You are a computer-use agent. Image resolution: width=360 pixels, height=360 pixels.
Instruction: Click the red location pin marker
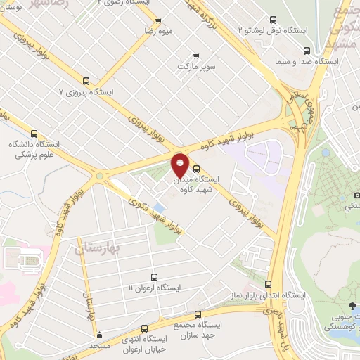(180, 166)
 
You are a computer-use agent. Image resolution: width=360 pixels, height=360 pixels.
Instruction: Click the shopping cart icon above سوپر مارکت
(195, 56)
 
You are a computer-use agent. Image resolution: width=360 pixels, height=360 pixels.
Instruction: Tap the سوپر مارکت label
(195, 67)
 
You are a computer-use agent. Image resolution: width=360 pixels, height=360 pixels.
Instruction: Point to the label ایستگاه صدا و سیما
(308, 62)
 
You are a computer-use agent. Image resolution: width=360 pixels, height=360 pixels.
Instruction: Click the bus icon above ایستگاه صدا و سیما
(307, 51)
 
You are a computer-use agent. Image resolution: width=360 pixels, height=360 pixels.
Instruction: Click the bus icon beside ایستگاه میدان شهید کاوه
(195, 169)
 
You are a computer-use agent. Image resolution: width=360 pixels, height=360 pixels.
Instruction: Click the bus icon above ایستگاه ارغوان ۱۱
(154, 277)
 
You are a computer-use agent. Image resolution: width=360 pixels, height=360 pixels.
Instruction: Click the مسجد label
(100, 346)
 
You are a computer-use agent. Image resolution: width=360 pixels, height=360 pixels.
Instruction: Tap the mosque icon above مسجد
(100, 335)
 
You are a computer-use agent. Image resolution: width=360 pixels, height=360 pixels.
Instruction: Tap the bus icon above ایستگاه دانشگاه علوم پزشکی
(34, 133)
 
